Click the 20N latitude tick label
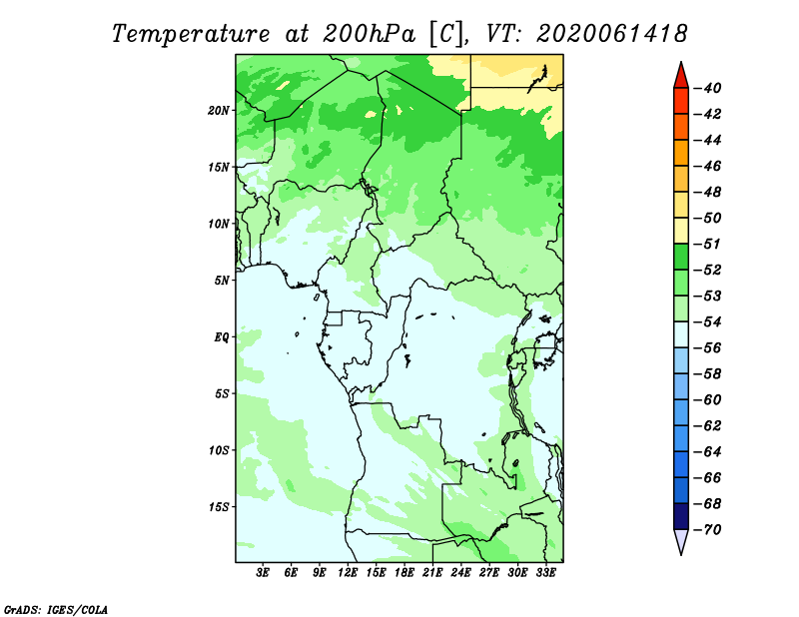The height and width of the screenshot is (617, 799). pos(219,111)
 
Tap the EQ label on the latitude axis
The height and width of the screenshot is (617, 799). pos(221,337)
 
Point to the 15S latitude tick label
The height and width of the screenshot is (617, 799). pos(219,507)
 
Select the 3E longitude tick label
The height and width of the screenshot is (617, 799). pos(263,573)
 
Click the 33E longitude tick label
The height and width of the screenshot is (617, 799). pos(545,573)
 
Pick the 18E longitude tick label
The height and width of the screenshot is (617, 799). pos(404,573)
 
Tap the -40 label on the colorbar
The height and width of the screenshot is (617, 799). pos(708,88)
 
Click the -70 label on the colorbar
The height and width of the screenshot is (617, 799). pos(708,530)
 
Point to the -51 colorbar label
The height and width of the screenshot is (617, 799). pos(708,244)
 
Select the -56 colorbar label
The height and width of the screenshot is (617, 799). pos(708,348)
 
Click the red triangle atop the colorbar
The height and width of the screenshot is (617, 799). pos(681,77)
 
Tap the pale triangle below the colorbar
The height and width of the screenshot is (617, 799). pos(681,540)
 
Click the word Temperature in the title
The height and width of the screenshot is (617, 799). pos(191,34)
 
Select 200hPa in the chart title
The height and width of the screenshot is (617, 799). pos(369,34)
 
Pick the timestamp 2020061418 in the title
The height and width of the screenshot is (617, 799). pos(612,34)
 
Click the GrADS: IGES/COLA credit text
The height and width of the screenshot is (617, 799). pos(56,609)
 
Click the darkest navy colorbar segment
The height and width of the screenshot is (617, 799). pos(681,516)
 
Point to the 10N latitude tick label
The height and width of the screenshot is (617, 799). pos(219,224)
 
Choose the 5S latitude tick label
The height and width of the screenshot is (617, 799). pos(221,393)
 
